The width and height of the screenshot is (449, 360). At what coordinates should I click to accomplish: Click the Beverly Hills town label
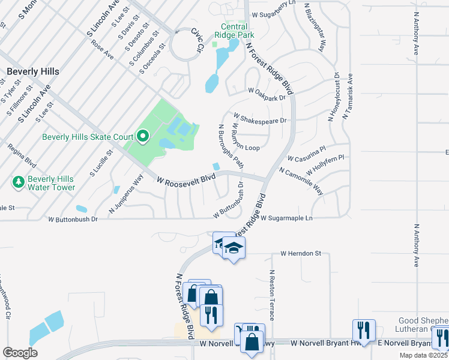pyautogui.click(x=33, y=71)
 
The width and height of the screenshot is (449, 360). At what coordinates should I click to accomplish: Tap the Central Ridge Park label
pyautogui.click(x=234, y=31)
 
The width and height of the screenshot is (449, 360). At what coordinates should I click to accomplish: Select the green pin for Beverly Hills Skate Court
pyautogui.click(x=142, y=137)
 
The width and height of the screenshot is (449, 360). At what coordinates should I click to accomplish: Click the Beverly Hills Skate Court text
pyautogui.click(x=88, y=137)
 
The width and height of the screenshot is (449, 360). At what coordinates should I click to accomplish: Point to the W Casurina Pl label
pyautogui.click(x=306, y=155)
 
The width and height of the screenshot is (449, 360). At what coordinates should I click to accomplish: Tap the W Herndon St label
pyautogui.click(x=301, y=254)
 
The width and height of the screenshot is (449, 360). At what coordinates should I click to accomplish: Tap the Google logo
pyautogui.click(x=20, y=352)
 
